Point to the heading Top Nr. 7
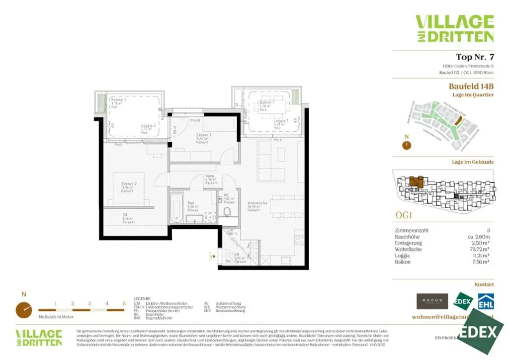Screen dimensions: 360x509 pyautogui.click(x=475, y=57)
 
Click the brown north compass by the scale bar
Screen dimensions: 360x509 pyautogui.click(x=23, y=310)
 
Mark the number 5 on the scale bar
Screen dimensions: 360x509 pyautogui.click(x=123, y=303)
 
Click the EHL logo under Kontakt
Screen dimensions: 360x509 pyautogui.click(x=486, y=301)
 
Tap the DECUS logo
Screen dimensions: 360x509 pyautogui.click(x=431, y=301)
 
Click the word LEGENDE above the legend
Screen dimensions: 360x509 pyautogui.click(x=142, y=299)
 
